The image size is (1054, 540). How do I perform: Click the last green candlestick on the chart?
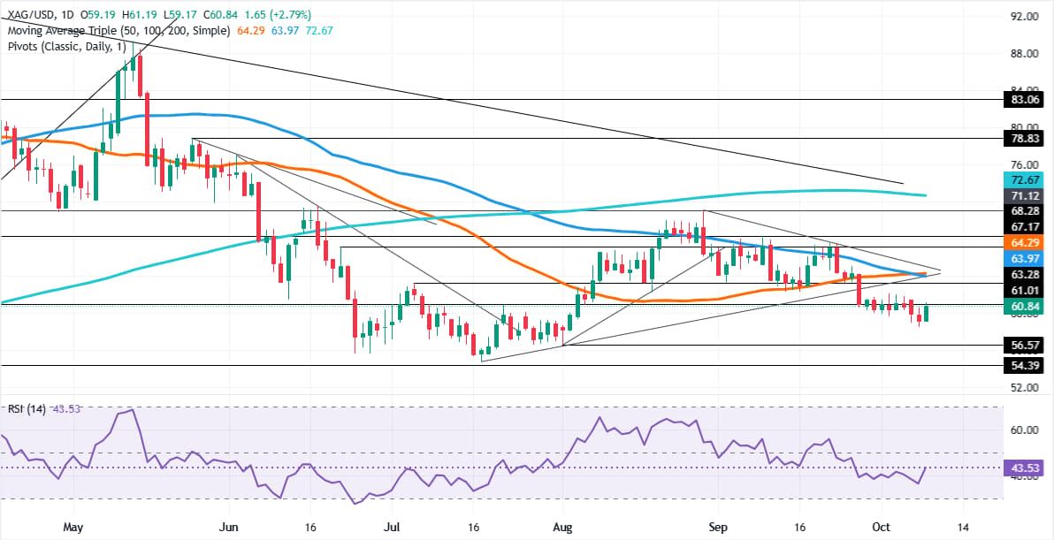[926, 312]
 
